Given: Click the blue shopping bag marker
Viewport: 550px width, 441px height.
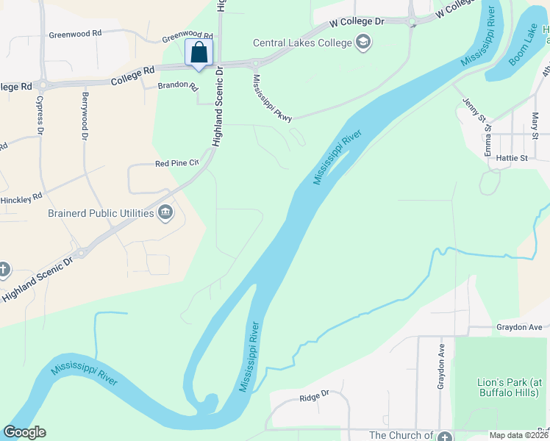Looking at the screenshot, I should [x=199, y=53].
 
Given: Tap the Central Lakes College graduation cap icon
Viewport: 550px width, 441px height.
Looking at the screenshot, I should [x=362, y=42].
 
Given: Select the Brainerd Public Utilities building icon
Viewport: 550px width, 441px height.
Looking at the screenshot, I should [x=165, y=213].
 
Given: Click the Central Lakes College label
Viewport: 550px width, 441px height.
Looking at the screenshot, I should [x=303, y=43].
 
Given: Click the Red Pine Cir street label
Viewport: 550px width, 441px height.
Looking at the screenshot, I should [x=177, y=163].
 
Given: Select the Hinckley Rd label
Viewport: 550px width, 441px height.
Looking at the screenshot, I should [x=21, y=198].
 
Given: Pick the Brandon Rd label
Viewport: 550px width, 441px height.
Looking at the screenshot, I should [x=179, y=86].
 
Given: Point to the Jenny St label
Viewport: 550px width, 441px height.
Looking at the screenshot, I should [x=474, y=110].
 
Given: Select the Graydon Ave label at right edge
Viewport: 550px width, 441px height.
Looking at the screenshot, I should [x=519, y=327].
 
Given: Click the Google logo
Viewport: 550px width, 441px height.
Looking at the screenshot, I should [x=25, y=432].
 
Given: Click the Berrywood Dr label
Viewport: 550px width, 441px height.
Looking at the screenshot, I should [x=85, y=116].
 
